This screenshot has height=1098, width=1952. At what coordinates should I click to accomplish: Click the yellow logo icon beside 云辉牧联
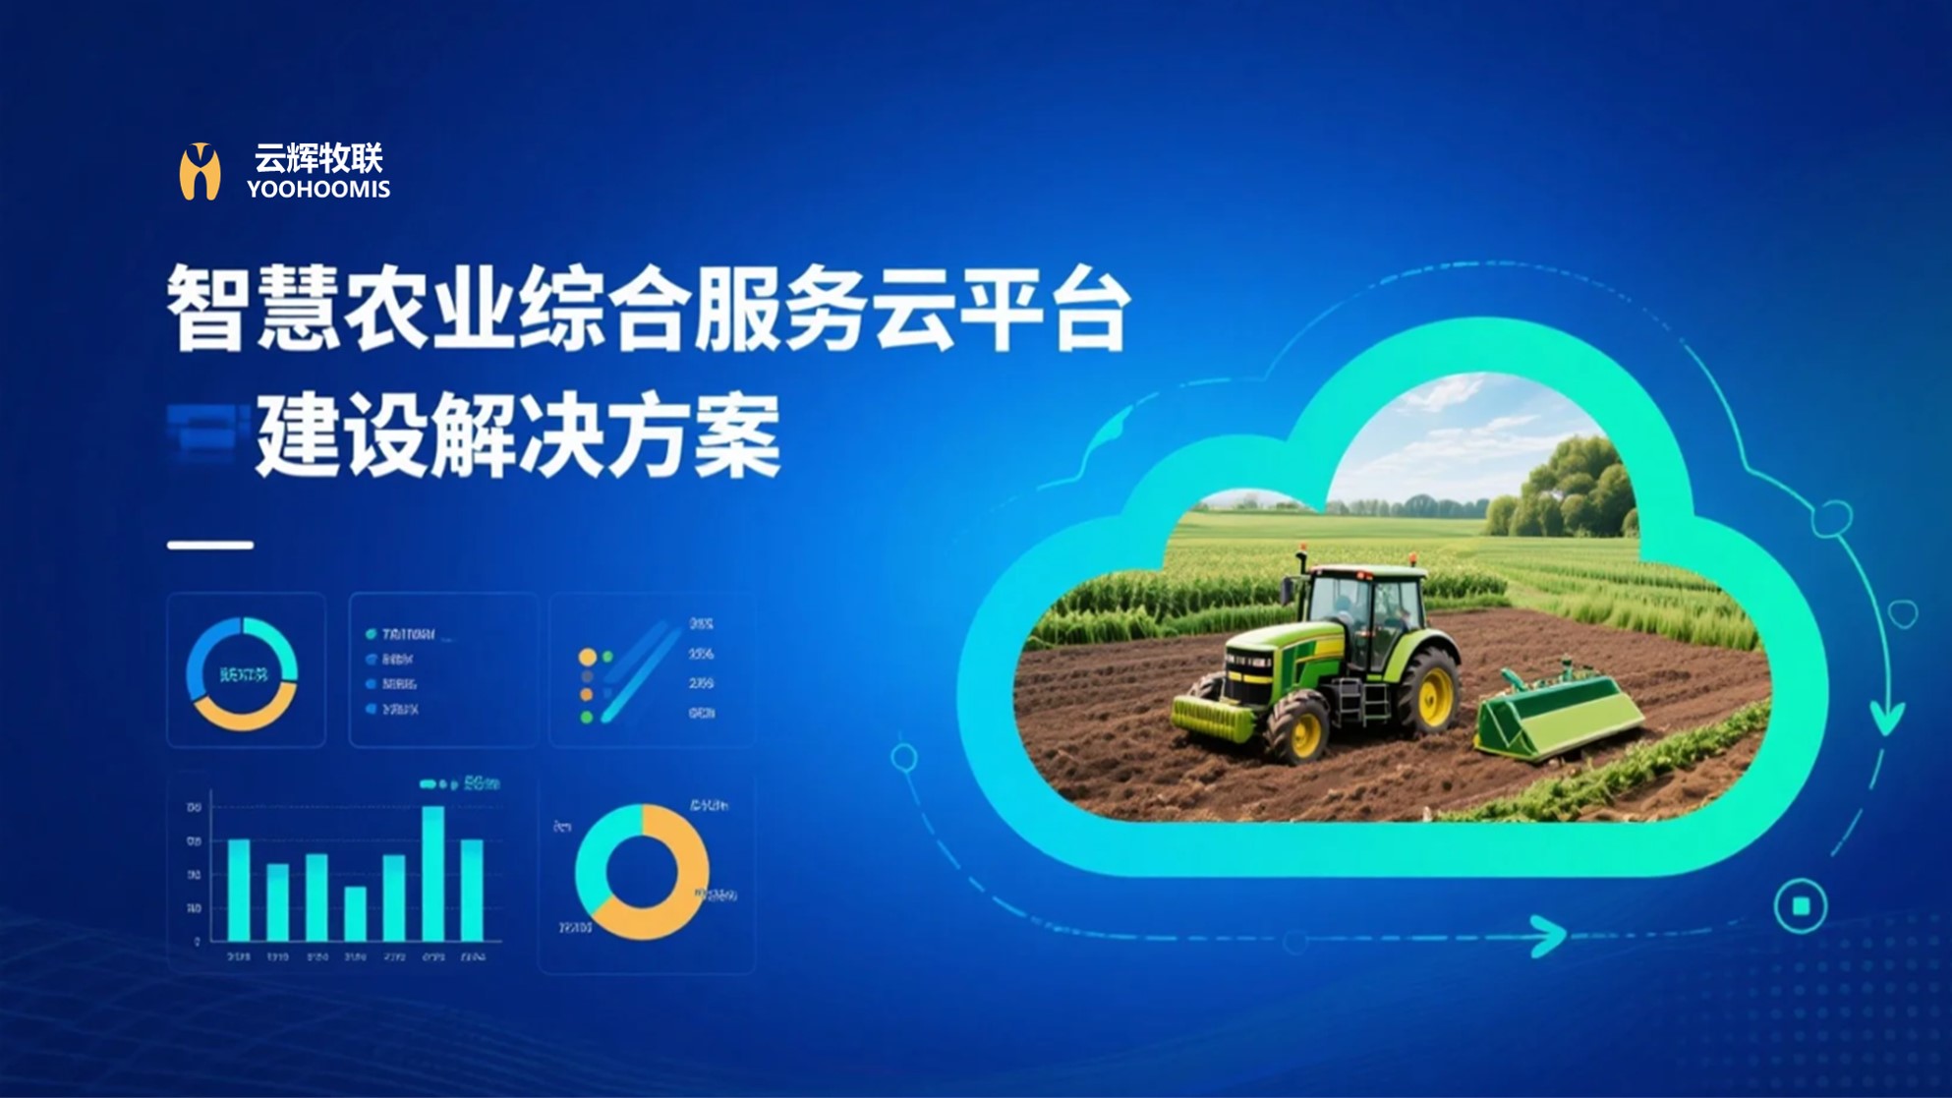200,172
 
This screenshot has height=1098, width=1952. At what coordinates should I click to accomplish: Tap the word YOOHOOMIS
318,190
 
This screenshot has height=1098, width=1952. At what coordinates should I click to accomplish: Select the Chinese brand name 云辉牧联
318,157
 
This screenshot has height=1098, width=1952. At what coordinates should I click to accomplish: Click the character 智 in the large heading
205,309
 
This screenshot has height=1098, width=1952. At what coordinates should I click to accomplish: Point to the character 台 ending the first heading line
1089,309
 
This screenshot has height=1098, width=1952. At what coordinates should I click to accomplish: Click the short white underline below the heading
210,544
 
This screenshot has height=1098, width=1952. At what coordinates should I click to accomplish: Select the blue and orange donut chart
242,673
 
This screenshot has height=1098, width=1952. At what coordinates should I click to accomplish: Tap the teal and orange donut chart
642,872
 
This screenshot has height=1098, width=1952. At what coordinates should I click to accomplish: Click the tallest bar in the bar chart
432,873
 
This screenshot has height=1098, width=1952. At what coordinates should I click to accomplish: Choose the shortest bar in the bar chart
355,913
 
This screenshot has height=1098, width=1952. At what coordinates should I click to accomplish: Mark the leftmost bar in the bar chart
239,890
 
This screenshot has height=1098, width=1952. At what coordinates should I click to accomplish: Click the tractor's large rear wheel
1427,692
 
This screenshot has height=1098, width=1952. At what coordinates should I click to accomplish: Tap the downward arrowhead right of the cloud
1886,719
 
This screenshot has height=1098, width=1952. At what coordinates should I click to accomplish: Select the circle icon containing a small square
1801,906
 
